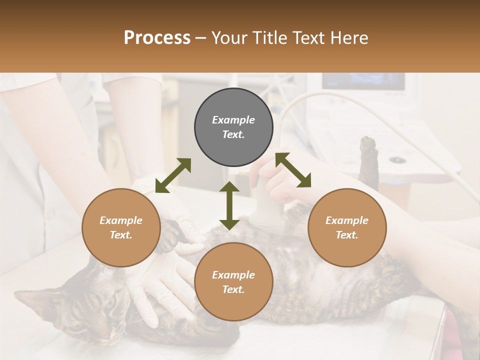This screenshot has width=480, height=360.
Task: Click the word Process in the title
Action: [157, 38]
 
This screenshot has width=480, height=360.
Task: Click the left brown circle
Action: [121, 227]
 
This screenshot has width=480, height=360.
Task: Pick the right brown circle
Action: [347, 227]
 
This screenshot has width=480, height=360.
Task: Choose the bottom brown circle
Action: [233, 282]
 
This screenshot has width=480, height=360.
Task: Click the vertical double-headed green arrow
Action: [229, 205]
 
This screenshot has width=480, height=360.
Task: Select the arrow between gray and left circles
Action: [173, 175]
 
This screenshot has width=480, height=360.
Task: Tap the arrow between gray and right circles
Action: [293, 170]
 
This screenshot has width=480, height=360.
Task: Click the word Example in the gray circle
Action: [233, 120]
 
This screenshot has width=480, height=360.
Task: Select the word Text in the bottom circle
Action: [233, 289]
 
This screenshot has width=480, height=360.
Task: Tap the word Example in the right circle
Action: [347, 220]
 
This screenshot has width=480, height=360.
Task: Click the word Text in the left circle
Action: [121, 235]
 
